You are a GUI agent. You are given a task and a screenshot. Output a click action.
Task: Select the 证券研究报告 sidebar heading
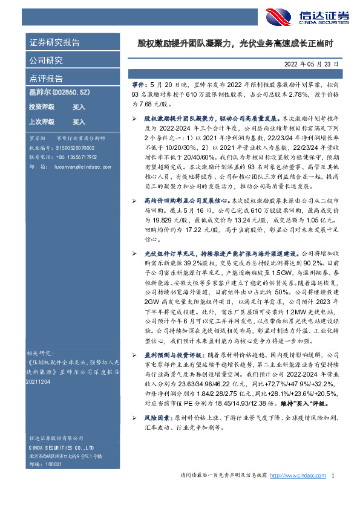pos(54,43)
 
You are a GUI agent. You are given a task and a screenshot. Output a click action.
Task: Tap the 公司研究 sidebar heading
pos(46,60)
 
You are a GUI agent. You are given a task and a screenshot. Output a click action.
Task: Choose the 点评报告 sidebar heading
pos(46,79)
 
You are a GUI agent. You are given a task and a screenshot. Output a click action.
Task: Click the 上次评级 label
pos(42,122)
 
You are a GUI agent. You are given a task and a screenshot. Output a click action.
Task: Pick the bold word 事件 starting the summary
pos(138,87)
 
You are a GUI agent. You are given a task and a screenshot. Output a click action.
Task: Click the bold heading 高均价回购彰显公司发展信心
pos(177,199)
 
